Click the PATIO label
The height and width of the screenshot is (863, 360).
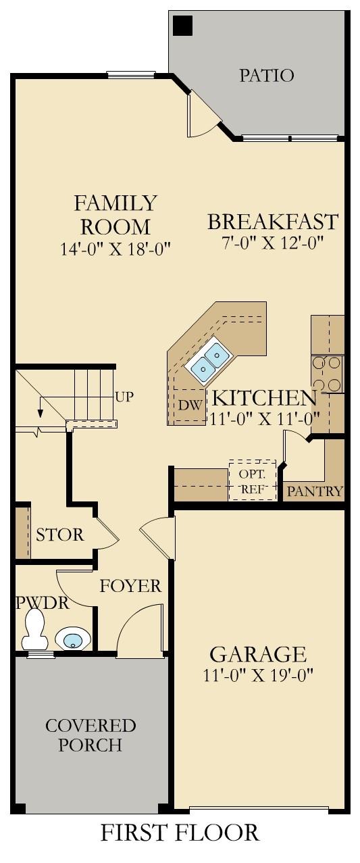(x=267, y=75)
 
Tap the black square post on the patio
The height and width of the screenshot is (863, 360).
(x=183, y=26)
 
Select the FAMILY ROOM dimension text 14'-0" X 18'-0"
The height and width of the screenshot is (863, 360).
(x=115, y=248)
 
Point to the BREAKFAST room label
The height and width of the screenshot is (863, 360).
(x=272, y=222)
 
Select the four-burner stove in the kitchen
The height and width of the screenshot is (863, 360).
(x=327, y=374)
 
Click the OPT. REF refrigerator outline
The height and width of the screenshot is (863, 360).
(x=253, y=480)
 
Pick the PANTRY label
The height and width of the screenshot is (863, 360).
(x=315, y=491)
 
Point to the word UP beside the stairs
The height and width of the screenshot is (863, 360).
(x=124, y=397)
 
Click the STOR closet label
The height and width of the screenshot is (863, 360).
(x=60, y=535)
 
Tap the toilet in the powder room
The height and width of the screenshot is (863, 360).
(x=34, y=630)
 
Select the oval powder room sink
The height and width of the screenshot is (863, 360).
(x=73, y=638)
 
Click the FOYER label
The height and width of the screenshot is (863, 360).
(x=130, y=586)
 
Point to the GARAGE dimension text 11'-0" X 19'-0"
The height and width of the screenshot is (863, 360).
(x=258, y=674)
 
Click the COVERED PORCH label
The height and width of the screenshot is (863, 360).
(x=91, y=735)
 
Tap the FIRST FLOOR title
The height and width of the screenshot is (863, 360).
(x=180, y=833)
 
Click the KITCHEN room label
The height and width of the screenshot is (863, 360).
(x=265, y=397)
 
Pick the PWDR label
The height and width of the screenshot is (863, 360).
(x=43, y=602)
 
